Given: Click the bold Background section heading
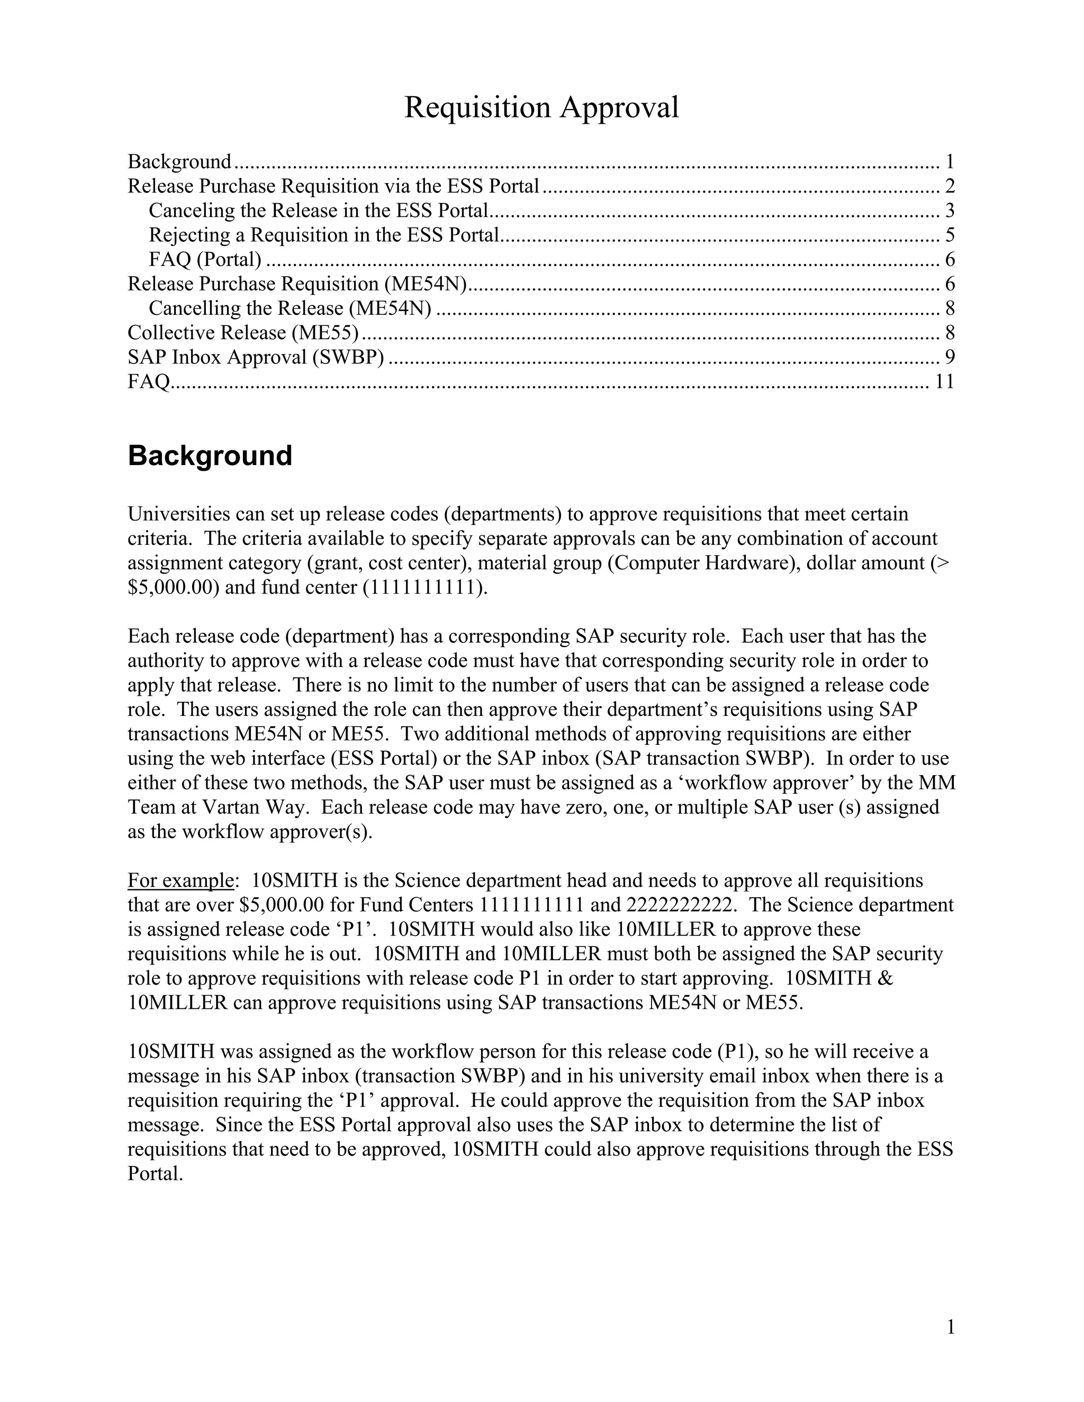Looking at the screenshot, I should (x=210, y=456).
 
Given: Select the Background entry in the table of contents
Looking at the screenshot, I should (x=179, y=162).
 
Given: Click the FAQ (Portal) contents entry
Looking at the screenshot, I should (x=205, y=259).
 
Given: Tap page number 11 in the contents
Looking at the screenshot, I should (x=944, y=382).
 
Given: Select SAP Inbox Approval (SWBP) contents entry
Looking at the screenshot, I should (x=256, y=357).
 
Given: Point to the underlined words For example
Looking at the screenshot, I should (x=180, y=880).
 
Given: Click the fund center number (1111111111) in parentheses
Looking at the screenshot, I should (x=423, y=587).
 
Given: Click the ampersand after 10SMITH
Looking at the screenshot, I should (x=886, y=978).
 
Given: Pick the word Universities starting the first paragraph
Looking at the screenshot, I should (x=178, y=514).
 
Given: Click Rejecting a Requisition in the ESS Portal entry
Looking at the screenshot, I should (x=323, y=235).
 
